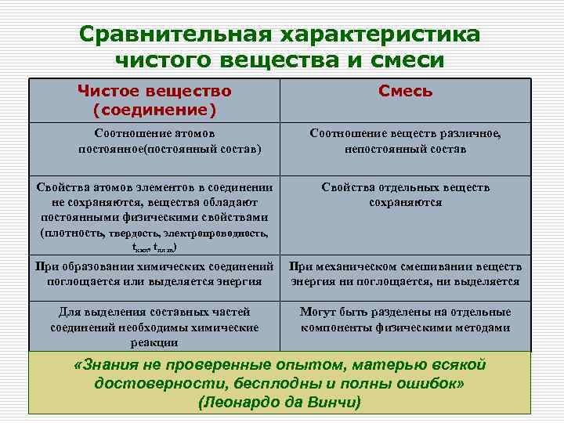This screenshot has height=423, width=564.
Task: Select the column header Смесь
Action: [x=405, y=91]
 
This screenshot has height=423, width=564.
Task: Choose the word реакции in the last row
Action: [x=154, y=342]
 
